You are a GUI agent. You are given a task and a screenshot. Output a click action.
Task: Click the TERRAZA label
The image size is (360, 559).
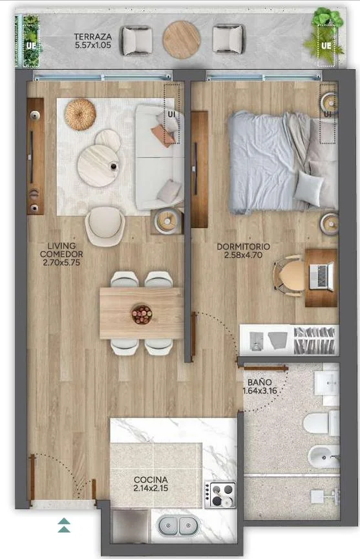click(92, 36)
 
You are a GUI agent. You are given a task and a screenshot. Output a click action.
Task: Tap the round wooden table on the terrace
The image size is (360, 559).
click(182, 39)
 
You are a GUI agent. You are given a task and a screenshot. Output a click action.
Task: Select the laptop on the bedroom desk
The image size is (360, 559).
click(322, 275)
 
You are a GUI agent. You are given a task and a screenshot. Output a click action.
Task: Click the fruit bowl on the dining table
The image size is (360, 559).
click(142, 314)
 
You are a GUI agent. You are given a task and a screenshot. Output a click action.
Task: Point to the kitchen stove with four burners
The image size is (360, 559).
click(220, 494)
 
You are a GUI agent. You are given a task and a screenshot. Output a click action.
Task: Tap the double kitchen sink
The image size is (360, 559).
click(175, 526)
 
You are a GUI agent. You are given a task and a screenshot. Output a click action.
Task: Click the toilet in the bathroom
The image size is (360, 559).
click(321, 423)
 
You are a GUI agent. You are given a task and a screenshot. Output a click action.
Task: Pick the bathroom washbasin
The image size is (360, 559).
click(326, 383)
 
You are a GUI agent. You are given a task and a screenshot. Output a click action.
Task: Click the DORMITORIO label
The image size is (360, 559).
click(244, 246)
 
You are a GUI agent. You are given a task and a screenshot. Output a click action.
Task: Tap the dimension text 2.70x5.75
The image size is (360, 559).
click(61, 263)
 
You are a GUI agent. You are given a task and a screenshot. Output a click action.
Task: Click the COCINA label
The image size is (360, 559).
click(151, 480)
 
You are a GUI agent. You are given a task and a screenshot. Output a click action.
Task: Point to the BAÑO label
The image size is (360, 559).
click(259, 382)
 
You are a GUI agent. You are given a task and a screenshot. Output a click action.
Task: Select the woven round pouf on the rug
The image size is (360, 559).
click(80, 114)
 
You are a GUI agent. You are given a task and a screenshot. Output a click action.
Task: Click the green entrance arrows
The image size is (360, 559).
click(64, 525)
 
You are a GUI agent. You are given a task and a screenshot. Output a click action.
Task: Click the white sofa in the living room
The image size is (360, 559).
click(160, 157)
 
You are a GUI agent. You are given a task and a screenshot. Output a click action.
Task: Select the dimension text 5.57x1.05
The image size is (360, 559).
click(93, 45)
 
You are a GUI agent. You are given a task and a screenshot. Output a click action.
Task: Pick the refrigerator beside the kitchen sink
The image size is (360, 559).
click(130, 526)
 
